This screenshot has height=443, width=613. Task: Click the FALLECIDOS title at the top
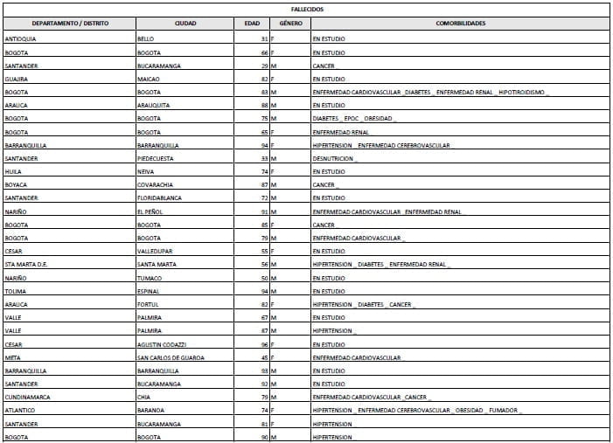tap(306, 9)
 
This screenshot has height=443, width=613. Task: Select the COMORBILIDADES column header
tap(461, 24)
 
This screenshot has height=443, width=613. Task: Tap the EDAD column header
tap(252, 24)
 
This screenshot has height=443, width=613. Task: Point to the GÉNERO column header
tap(290, 24)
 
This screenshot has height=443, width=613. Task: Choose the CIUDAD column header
tap(185, 24)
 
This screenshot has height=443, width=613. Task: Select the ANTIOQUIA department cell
tap(21, 39)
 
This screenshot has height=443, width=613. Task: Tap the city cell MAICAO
tap(149, 79)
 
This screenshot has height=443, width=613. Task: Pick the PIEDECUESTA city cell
tap(157, 158)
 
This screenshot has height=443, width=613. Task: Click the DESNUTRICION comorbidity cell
tap(333, 158)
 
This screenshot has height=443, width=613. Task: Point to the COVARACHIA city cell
tap(157, 185)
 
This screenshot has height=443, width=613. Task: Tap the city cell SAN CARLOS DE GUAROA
tap(171, 357)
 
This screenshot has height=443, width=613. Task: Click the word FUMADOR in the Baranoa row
tap(503, 411)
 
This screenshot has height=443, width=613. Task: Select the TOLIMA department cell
tap(15, 291)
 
